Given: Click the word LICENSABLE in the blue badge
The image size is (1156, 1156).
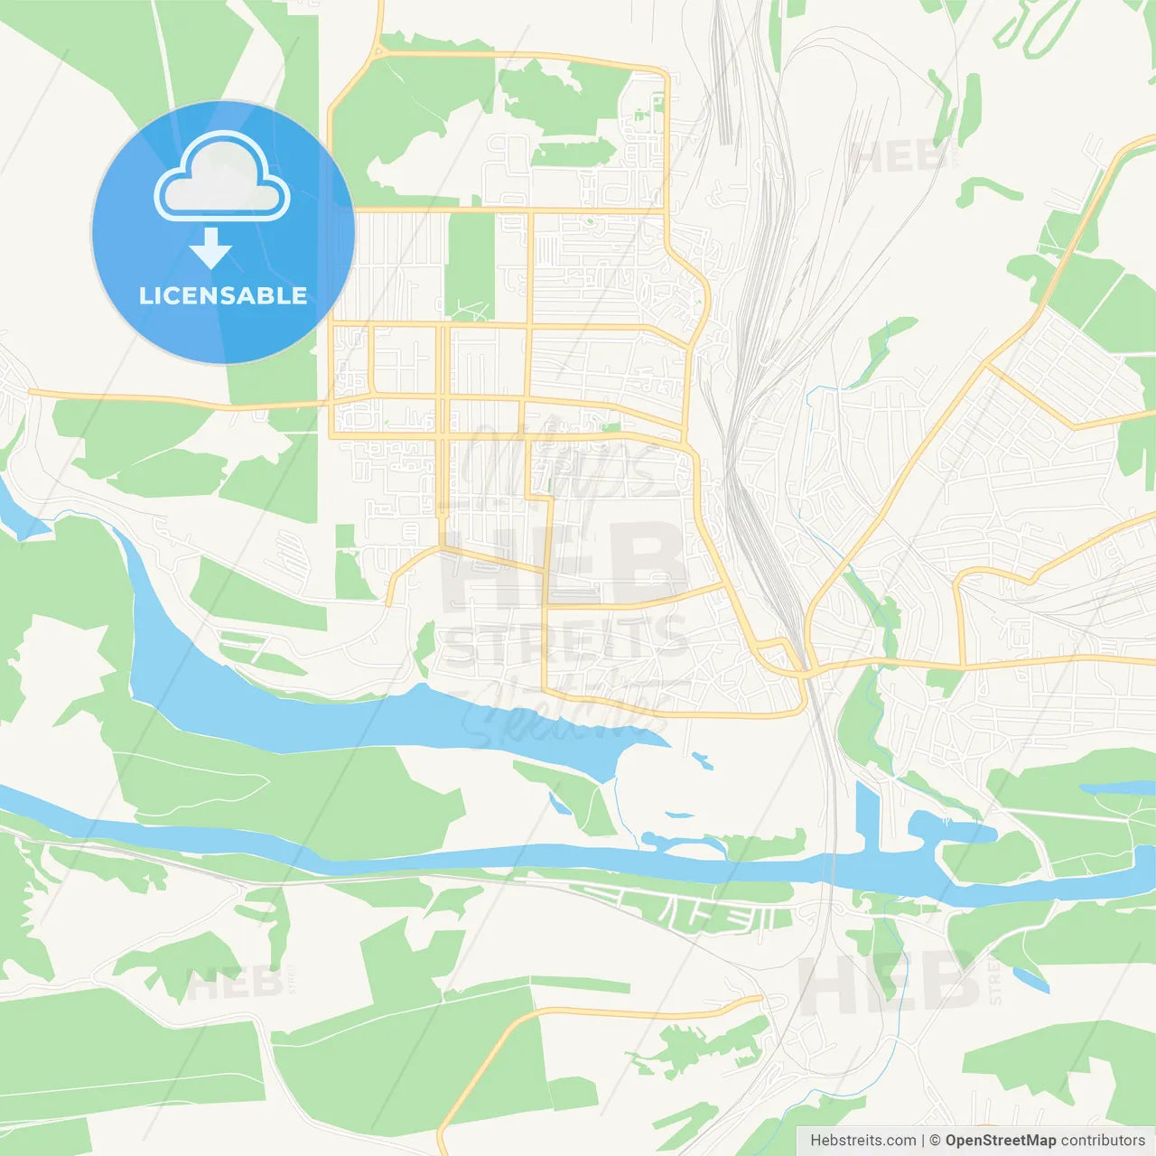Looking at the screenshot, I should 223,295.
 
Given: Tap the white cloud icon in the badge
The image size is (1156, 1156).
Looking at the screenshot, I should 222,176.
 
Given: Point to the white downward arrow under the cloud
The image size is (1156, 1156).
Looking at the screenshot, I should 210,248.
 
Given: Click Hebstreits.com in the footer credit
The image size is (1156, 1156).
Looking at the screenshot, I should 862,1141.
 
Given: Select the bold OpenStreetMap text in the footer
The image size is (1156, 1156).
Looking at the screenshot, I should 1000,1141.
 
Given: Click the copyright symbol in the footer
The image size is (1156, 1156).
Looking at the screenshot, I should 935,1141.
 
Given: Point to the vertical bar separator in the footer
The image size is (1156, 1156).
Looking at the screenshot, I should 922,1141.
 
